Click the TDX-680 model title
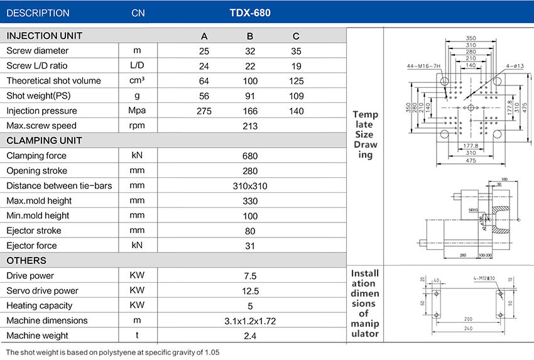pos(250,13)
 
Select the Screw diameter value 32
pos(250,51)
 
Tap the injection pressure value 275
pos(204,111)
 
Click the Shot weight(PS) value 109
pos(296,96)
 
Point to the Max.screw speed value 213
pos(250,126)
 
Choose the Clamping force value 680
pos(250,156)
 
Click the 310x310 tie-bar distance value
pos(250,186)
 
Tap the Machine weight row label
pos(38,335)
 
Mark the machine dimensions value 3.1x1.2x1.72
pos(250,321)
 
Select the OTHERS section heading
pos(26,261)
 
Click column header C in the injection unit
pos(296,36)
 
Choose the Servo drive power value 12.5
pos(250,291)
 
